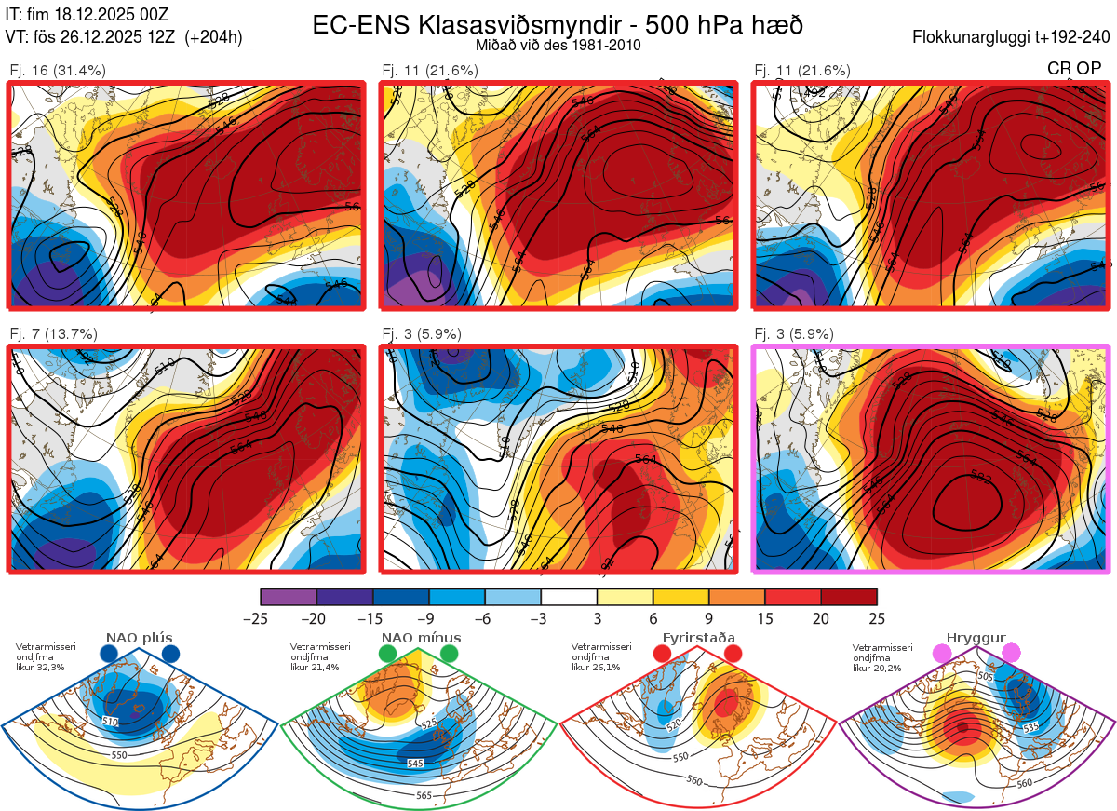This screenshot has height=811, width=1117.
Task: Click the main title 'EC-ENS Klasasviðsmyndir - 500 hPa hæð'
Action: tap(558, 25)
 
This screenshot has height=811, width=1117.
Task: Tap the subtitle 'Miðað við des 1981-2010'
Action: tap(557, 45)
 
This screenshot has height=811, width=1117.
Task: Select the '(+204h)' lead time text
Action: tap(213, 37)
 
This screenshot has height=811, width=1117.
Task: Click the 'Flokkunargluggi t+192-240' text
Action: tap(1012, 37)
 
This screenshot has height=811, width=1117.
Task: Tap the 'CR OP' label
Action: tap(1073, 68)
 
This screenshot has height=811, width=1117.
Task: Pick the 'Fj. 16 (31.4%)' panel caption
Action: tap(58, 70)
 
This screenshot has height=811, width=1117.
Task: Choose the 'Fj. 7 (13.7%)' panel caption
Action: tap(54, 334)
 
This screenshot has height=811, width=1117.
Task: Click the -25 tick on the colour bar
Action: tap(261, 618)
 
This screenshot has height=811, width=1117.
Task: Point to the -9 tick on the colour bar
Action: tap(428, 618)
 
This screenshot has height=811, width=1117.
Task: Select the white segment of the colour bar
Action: tap(569, 597)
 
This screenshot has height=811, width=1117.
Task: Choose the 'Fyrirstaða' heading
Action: tap(698, 638)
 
